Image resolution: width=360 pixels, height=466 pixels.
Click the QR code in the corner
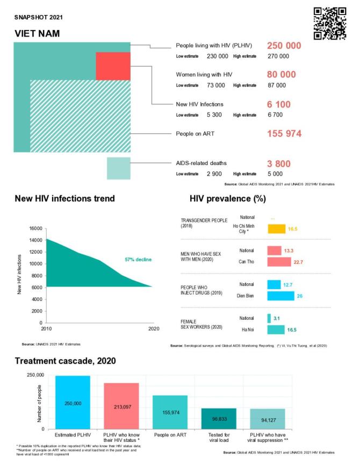point(329,23)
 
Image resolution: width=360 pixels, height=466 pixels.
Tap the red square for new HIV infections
point(113,66)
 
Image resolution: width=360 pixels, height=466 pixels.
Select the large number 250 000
point(284,46)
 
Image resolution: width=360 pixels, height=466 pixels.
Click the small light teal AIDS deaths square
point(118,168)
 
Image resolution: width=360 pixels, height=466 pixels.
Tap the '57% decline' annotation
point(138,260)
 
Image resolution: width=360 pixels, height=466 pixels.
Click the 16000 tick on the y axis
point(35,228)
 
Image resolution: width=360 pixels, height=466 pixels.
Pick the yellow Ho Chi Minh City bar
point(276,229)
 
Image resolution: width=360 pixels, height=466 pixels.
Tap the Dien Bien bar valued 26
point(280,296)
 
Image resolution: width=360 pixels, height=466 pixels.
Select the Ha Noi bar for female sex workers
point(276,329)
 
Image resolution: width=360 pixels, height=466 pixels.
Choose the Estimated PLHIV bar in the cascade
point(73,403)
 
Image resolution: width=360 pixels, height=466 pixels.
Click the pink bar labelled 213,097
point(121,406)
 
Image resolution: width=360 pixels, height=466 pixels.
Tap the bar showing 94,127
point(267,419)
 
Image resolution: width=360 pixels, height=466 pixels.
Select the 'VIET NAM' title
point(37,34)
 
